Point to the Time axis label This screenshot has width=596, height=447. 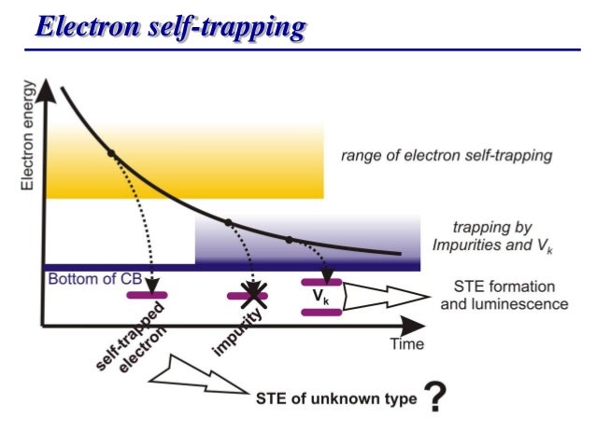406,343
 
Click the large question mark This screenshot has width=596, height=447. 433,399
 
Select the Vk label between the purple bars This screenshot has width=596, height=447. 320,298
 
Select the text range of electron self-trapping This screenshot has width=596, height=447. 446,156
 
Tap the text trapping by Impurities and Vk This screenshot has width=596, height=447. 481,236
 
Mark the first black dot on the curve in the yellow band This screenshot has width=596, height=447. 111,152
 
